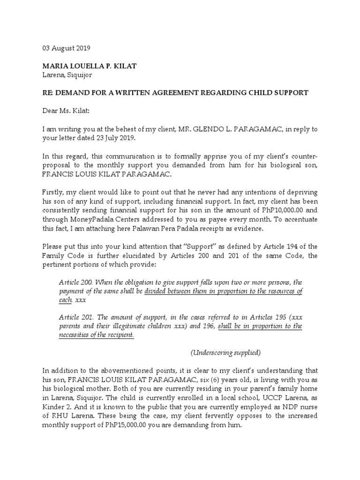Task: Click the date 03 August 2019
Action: pos(67,48)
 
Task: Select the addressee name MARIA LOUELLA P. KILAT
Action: pos(90,66)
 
